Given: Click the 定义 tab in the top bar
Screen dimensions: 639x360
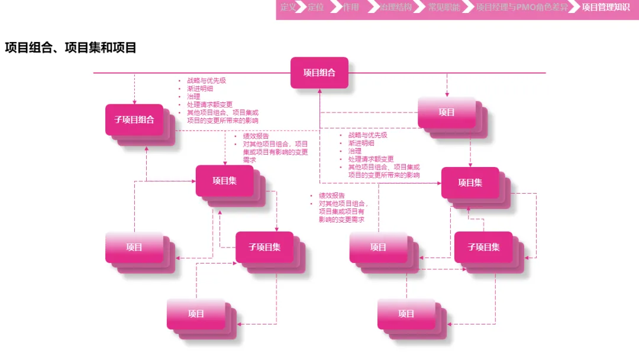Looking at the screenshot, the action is tap(288, 8).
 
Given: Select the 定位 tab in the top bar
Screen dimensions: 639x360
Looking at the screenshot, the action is tap(316, 8).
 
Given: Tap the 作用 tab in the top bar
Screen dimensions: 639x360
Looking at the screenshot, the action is tap(351, 8).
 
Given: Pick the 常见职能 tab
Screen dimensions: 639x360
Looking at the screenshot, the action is tap(444, 8).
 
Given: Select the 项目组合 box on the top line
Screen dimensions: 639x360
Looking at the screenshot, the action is tap(319, 72).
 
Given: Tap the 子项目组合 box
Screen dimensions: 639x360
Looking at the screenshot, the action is tap(134, 120).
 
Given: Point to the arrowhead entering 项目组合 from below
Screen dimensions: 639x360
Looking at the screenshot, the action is tap(319, 91).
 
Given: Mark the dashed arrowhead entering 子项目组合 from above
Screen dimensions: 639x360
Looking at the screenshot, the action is tap(134, 102).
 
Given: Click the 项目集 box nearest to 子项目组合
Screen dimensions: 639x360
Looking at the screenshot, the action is tap(225, 181).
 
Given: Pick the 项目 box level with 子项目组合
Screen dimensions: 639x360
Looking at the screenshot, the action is tap(447, 112).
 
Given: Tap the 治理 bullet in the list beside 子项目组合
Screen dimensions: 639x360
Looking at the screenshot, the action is tap(193, 97).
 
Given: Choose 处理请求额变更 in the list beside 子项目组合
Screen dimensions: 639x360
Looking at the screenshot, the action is tap(209, 105).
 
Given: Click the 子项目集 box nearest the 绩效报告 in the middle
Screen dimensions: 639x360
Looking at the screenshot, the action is tap(264, 247).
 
